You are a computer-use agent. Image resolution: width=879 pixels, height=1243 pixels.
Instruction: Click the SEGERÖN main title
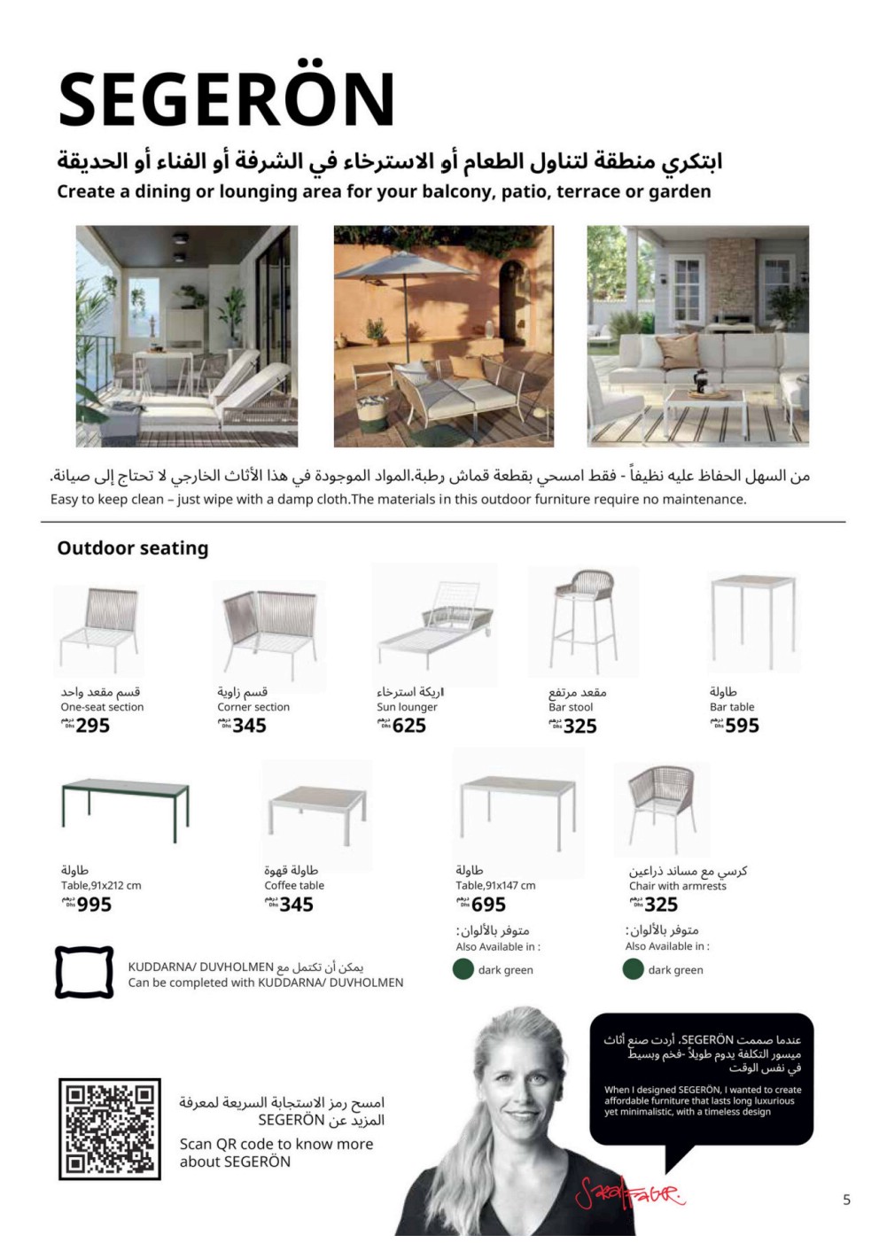(226, 98)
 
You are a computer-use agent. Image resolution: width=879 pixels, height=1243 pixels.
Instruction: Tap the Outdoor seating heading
(133, 548)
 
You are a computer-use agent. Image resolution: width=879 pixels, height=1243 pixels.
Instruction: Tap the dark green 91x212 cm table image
(125, 809)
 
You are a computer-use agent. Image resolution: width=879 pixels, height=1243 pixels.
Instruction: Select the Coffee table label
(294, 885)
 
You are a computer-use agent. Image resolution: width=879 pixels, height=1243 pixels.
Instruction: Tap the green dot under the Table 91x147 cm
(463, 969)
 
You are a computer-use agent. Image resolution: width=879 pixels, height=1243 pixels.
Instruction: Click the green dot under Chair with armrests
(633, 969)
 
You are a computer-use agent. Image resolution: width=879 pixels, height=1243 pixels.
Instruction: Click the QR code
(110, 1129)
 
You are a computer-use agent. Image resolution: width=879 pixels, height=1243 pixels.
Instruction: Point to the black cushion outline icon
(84, 972)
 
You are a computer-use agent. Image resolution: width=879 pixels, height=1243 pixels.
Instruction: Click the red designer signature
(629, 1195)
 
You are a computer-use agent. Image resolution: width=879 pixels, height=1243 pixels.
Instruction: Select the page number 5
(846, 1200)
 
